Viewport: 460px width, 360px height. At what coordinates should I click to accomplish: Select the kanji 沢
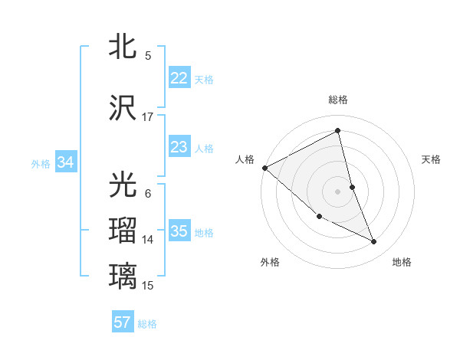pyautogui.click(x=123, y=108)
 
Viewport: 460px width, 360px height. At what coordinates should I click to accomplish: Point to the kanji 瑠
pyautogui.click(x=123, y=231)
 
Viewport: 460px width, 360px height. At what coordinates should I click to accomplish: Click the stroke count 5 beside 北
pyautogui.click(x=147, y=56)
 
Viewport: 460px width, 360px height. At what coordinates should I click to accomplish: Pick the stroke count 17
pyautogui.click(x=148, y=117)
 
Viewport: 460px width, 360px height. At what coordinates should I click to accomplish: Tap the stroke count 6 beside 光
pyautogui.click(x=147, y=194)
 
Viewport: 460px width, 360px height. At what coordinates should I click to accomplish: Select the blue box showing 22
pyautogui.click(x=179, y=78)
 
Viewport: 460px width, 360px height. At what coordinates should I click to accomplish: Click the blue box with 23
pyautogui.click(x=179, y=147)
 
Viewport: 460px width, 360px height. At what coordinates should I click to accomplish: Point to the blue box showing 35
pyautogui.click(x=179, y=231)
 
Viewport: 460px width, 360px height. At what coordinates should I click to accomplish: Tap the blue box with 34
pyautogui.click(x=66, y=162)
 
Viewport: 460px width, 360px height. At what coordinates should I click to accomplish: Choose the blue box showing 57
pyautogui.click(x=122, y=322)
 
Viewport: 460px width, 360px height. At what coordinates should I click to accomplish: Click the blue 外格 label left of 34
pyautogui.click(x=41, y=163)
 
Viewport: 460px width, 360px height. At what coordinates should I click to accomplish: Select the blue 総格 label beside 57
pyautogui.click(x=147, y=324)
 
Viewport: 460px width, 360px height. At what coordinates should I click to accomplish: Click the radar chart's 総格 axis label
pyautogui.click(x=338, y=100)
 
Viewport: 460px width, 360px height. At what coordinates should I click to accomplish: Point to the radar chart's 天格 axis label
pyautogui.click(x=432, y=159)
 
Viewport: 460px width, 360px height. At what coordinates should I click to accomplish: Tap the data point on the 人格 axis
pyautogui.click(x=264, y=168)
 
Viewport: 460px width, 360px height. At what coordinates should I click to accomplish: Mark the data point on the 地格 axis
pyautogui.click(x=374, y=242)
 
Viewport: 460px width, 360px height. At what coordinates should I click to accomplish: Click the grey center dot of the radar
pyautogui.click(x=338, y=191)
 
